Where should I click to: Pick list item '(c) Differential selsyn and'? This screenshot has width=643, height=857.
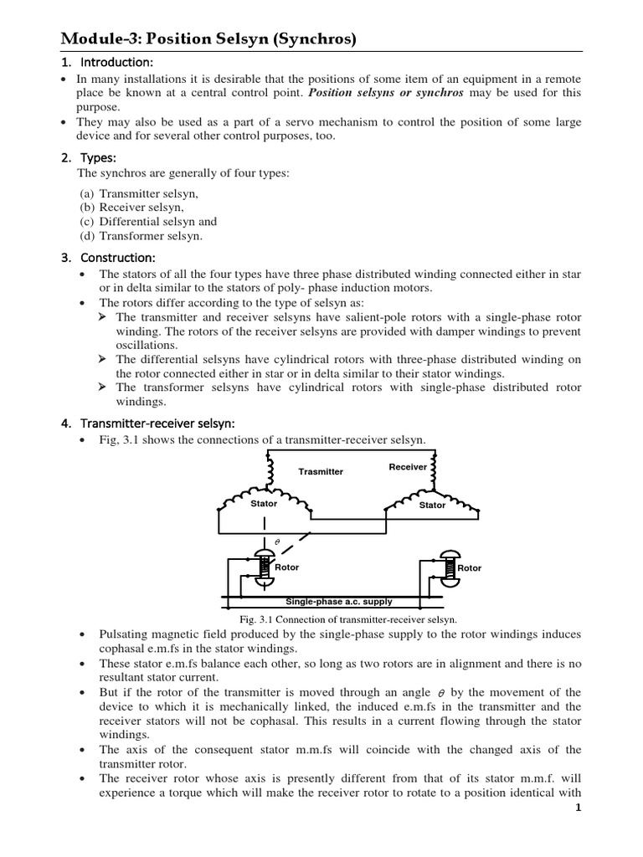point(147,222)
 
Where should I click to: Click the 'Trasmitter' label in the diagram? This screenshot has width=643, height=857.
point(321,472)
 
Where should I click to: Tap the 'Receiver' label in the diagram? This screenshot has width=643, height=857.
point(408,467)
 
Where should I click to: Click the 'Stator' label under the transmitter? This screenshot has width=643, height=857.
point(264,504)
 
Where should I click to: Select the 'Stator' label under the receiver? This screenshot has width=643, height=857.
point(432,505)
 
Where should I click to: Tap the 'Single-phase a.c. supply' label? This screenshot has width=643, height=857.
point(338,601)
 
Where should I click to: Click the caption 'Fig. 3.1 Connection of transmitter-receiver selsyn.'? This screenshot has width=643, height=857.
point(347,619)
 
